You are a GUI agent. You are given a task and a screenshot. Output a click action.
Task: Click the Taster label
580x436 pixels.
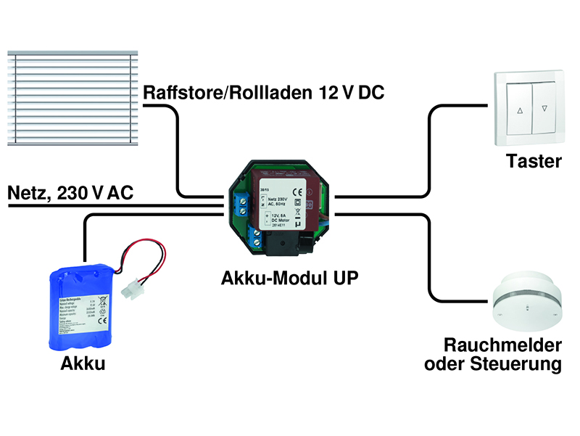point(534,161)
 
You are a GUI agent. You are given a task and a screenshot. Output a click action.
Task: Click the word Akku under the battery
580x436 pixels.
point(83,364)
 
